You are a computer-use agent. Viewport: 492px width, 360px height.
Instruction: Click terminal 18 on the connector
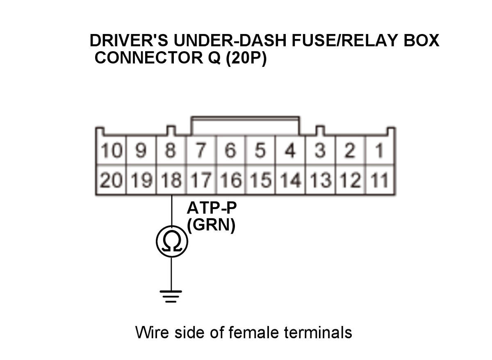171,180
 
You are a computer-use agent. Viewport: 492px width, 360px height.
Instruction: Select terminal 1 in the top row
379,151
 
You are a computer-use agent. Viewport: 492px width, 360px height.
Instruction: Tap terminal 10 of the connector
111,151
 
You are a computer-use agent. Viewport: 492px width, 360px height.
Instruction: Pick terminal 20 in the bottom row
111,180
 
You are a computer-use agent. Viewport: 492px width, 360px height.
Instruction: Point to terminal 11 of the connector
379,180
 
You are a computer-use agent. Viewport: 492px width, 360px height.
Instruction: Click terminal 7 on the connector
201,151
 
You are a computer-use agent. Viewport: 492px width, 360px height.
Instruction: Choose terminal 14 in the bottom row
290,180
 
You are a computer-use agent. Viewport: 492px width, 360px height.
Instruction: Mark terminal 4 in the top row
290,151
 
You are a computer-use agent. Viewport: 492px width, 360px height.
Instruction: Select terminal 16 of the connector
231,180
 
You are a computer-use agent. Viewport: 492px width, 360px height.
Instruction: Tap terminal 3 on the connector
320,151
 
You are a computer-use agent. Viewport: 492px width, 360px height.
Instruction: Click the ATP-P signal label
212,208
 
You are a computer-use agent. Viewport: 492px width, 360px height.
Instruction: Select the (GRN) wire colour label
212,226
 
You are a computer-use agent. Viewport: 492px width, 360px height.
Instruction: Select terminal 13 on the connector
320,180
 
